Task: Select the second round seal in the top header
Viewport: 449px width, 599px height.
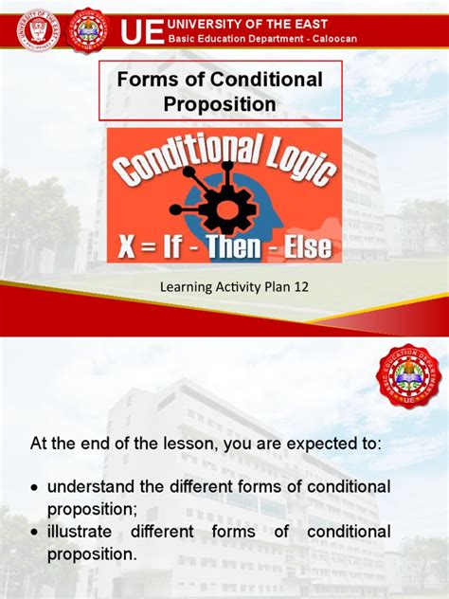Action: (x=90, y=30)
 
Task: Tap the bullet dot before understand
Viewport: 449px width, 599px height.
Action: (x=35, y=487)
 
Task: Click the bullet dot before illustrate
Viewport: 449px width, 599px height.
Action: (x=35, y=533)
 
